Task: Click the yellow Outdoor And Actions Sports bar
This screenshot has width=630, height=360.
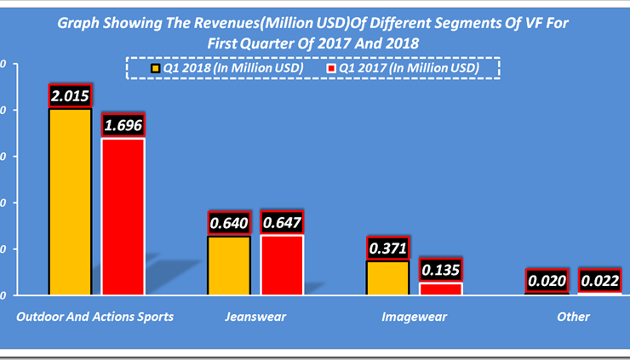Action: pos(70,202)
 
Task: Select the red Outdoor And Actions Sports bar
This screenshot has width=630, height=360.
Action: pos(123,216)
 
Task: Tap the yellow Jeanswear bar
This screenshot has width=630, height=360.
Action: pos(229,266)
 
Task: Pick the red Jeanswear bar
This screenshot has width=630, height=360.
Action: pos(282,265)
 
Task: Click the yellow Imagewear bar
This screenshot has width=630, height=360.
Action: pos(387,277)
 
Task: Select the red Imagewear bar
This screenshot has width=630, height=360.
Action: pos(441,289)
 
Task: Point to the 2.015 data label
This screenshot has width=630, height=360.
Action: pos(70,95)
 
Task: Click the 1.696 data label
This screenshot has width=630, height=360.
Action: pos(123,125)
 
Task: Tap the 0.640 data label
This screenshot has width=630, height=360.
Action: pos(229,224)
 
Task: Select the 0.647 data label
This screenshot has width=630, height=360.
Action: pos(282,223)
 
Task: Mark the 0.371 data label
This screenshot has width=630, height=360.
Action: pos(387,249)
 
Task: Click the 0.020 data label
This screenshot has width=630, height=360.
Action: pos(547,280)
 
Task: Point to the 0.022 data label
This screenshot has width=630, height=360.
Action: pos(600,280)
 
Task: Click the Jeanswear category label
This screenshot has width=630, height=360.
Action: pos(255,317)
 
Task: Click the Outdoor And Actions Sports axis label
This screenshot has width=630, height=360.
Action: pos(95,317)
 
